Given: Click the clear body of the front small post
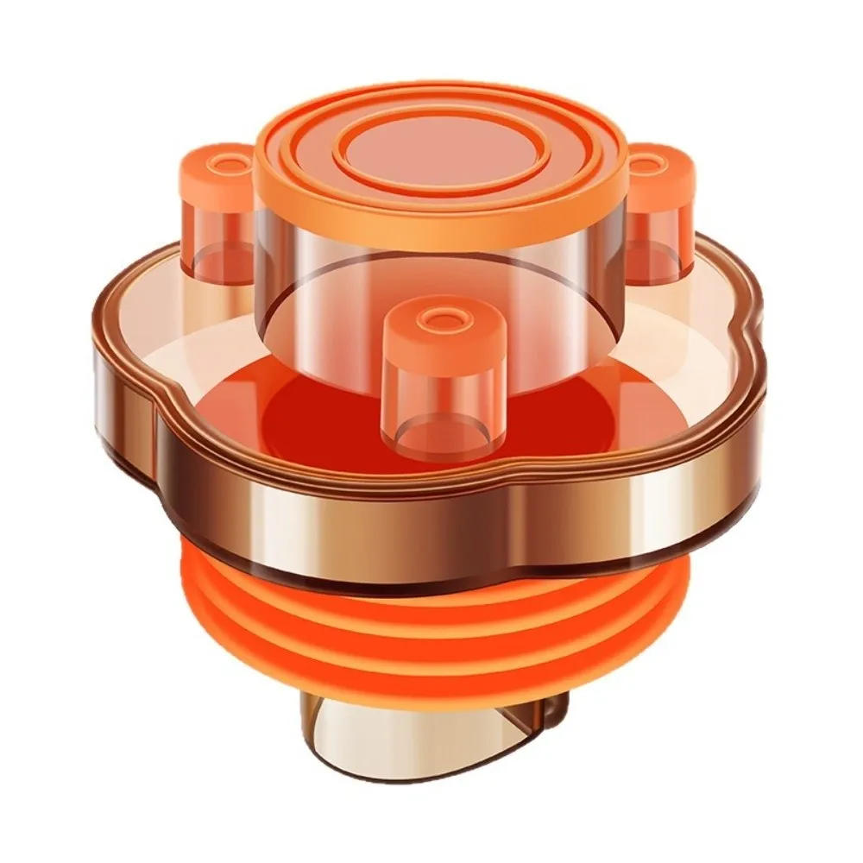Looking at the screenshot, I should (x=444, y=397).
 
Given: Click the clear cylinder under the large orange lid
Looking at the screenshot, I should (x=440, y=268).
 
